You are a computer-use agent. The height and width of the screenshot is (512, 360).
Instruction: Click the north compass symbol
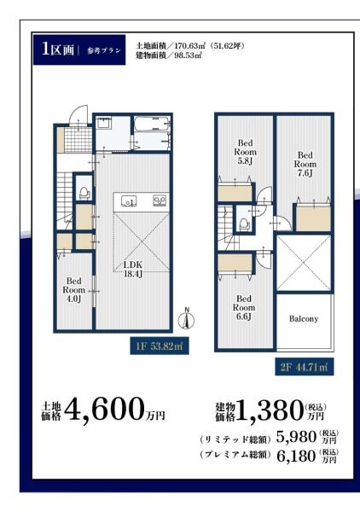click(x=186, y=318)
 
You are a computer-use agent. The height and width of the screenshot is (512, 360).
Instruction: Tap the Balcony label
click(x=304, y=318)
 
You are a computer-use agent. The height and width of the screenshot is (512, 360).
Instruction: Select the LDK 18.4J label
click(x=132, y=270)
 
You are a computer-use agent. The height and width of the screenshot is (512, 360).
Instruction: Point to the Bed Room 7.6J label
click(x=305, y=164)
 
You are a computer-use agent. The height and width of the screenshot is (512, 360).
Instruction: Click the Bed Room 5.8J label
click(x=245, y=152)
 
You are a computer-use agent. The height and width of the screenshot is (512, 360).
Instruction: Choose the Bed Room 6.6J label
click(x=244, y=307)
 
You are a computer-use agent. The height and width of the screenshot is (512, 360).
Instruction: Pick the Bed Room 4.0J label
click(x=73, y=290)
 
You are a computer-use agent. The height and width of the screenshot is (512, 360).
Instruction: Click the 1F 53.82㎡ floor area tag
click(x=160, y=346)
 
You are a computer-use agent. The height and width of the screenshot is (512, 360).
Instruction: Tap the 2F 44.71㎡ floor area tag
click(x=305, y=367)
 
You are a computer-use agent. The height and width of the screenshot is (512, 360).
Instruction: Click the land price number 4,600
click(x=104, y=409)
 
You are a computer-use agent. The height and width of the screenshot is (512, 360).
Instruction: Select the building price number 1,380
click(x=270, y=410)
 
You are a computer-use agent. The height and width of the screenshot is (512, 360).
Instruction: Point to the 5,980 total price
click(x=296, y=437)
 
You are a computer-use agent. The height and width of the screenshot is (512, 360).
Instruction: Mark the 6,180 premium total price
click(x=296, y=456)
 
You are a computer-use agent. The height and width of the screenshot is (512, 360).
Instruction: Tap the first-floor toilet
click(x=84, y=193)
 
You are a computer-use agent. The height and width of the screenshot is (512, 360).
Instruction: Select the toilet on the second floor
click(x=244, y=224)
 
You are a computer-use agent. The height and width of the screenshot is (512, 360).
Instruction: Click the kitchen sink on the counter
click(x=129, y=201)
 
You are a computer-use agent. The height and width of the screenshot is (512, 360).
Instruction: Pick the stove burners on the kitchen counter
click(x=160, y=201)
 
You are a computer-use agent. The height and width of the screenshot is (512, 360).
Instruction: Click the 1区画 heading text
click(x=58, y=49)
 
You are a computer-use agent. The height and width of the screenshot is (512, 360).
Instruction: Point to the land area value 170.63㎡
click(x=188, y=46)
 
